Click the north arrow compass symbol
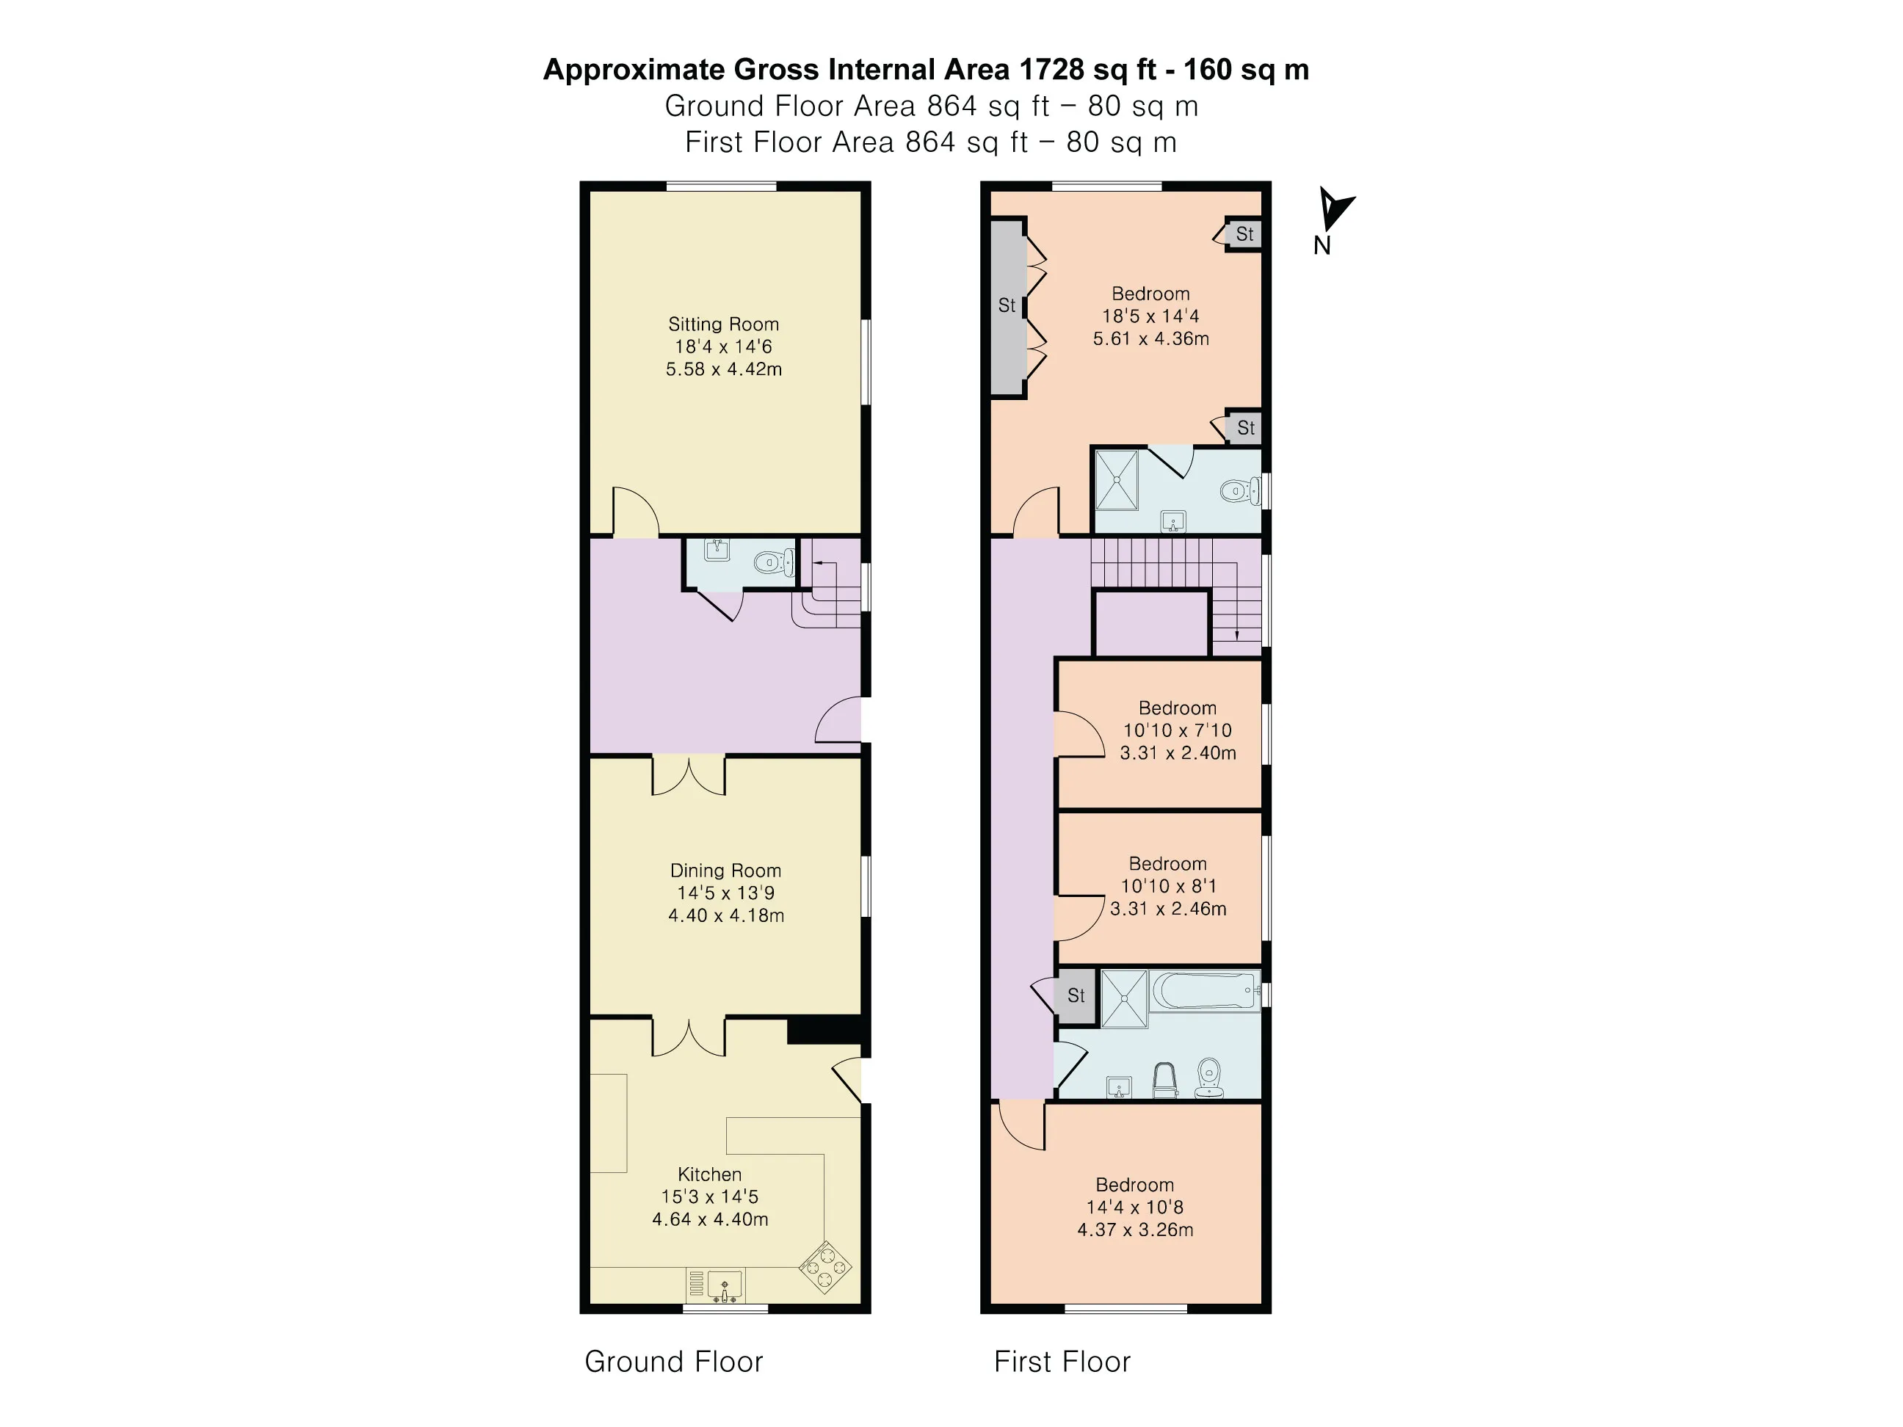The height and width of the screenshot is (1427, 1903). click(1333, 209)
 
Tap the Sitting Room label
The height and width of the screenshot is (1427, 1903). click(723, 324)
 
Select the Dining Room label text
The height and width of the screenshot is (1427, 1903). click(725, 871)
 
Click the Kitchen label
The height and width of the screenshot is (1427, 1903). click(710, 1174)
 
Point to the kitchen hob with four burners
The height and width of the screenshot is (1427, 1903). click(825, 1267)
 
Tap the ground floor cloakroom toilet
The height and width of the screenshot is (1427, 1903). click(772, 564)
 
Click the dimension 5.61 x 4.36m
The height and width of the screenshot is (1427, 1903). click(1151, 339)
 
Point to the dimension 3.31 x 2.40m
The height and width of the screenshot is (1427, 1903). click(1178, 752)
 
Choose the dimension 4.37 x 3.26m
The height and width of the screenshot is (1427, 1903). click(1136, 1230)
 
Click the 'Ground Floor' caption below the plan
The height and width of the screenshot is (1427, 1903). click(674, 1362)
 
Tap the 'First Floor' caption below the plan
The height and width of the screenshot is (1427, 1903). click(1062, 1362)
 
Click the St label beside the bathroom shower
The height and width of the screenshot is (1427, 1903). click(1076, 995)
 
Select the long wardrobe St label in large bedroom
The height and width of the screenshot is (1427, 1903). click(1007, 305)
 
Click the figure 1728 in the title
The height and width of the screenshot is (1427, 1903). click(1051, 70)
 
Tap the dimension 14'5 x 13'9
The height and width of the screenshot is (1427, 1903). click(725, 893)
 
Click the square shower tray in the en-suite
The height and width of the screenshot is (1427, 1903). click(1117, 480)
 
